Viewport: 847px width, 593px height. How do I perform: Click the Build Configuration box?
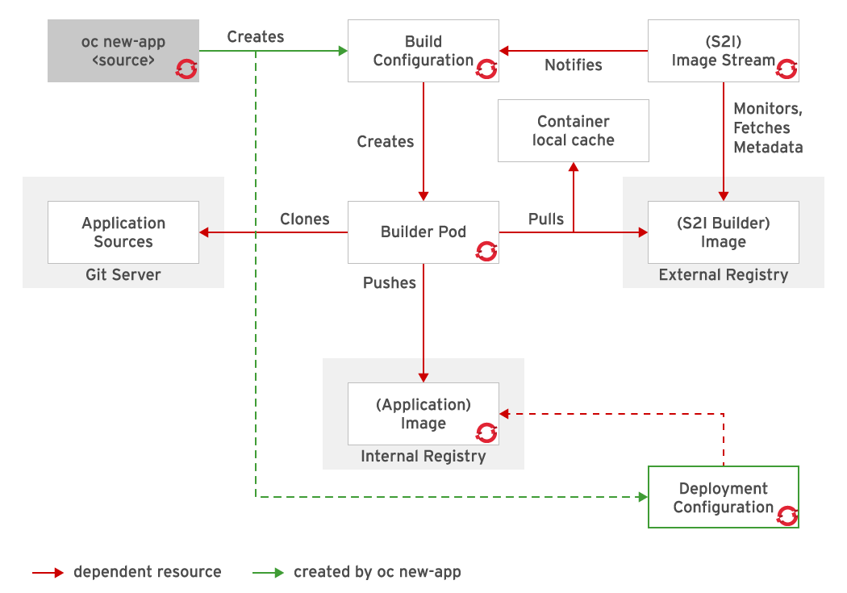[423, 51]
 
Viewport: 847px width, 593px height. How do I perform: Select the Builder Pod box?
[423, 232]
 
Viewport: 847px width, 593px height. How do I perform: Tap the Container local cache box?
[573, 131]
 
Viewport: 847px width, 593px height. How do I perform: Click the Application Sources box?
[123, 232]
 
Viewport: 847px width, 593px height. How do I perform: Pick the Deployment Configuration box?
[723, 497]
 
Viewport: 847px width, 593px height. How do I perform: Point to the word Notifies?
[574, 65]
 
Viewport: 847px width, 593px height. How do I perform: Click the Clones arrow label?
[305, 219]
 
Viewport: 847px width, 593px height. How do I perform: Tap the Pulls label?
[546, 219]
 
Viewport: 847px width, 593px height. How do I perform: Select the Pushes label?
[390, 283]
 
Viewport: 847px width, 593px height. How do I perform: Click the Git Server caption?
[123, 275]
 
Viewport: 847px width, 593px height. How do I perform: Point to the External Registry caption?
[723, 275]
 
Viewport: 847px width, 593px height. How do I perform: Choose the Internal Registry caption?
[423, 457]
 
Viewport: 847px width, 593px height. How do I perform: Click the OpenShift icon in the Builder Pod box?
[486, 251]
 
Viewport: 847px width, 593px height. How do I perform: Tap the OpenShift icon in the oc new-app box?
[186, 69]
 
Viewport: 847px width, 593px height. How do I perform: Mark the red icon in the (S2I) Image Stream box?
[786, 69]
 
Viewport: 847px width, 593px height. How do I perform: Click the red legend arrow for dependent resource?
[48, 573]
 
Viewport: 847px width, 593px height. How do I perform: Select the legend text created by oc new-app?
[377, 572]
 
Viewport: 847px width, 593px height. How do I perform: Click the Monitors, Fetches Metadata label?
[767, 127]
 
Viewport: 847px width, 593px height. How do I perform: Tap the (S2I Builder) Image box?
[723, 232]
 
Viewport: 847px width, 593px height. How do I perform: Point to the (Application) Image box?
[423, 414]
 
